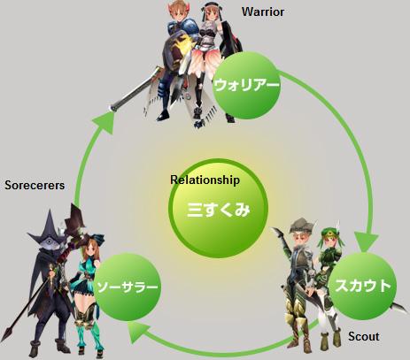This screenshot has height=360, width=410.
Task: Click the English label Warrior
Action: click(263, 11)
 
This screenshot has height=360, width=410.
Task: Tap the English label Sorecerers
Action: click(35, 186)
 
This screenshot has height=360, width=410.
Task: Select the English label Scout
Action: click(364, 336)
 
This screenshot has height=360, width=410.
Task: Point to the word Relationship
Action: click(205, 180)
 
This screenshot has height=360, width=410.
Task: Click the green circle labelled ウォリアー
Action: click(246, 86)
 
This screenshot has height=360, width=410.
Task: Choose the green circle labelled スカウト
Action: click(363, 286)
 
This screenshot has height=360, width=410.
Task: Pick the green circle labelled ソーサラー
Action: click(128, 287)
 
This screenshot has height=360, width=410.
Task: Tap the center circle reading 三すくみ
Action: click(218, 209)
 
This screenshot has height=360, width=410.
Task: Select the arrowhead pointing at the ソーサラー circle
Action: click(138, 332)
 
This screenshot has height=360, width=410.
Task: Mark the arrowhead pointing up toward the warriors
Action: click(104, 123)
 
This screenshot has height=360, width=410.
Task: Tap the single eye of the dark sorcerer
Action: click(50, 243)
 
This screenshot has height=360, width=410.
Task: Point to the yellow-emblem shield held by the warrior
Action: click(176, 50)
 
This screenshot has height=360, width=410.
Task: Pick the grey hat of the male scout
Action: click(302, 226)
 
